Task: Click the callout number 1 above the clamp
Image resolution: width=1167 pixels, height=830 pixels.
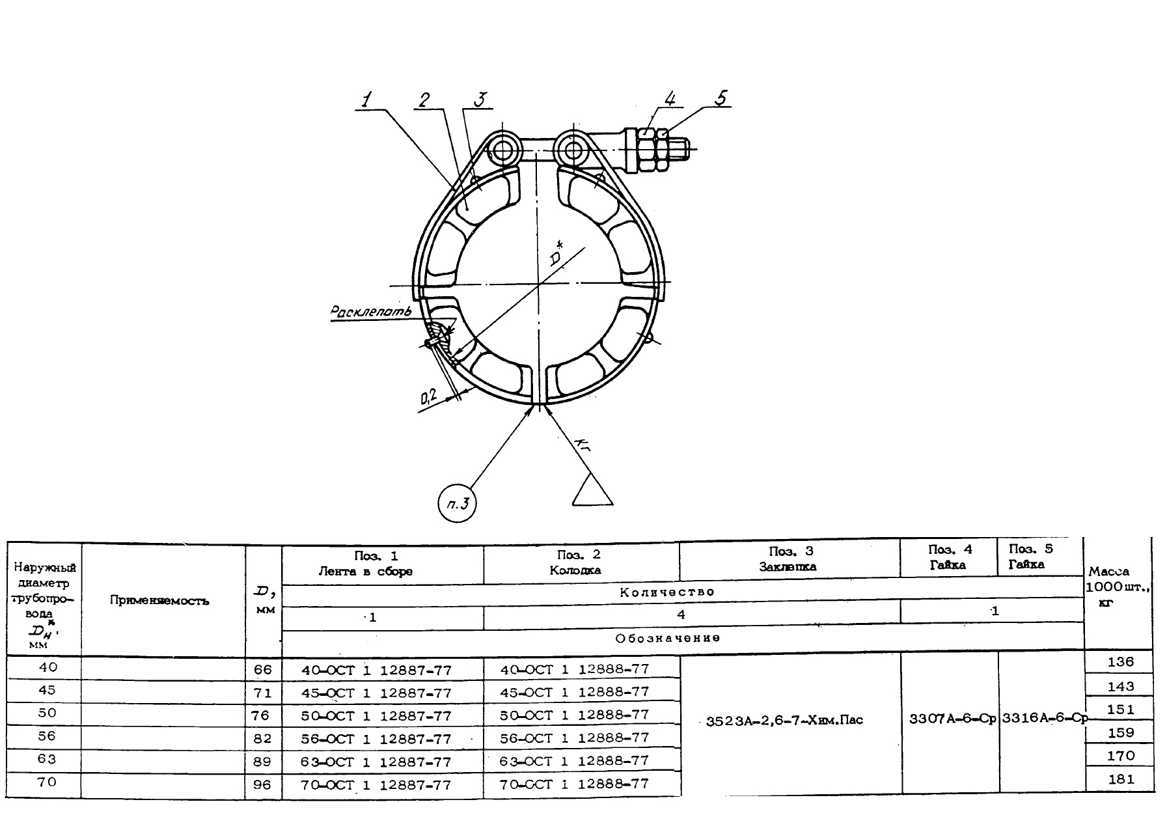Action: pos(367,100)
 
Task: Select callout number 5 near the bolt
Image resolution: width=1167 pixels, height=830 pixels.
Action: pos(721,98)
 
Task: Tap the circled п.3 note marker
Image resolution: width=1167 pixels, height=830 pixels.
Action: pos(458,506)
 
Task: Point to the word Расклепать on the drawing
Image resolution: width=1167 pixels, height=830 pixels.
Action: pos(371,312)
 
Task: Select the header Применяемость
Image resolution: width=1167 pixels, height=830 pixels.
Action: pos(159,600)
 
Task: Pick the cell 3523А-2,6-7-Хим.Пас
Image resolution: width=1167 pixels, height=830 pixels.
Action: pos(784,721)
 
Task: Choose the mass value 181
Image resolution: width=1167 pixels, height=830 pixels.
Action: pos(1120,779)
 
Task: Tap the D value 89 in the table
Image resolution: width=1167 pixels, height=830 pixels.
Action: pos(262,762)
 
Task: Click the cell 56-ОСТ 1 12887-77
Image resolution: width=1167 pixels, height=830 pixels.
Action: pos(376,739)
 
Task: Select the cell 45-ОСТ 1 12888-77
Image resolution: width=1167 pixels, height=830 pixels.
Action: pos(575,691)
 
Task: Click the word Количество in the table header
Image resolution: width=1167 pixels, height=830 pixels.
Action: pos(667,592)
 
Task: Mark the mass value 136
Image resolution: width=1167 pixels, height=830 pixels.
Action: pos(1120,662)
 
